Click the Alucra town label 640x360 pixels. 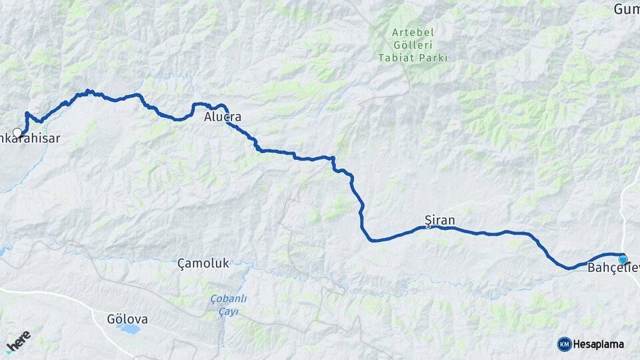[x=223, y=118]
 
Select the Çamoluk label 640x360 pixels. [x=203, y=263]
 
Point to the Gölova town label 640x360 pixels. [x=127, y=319]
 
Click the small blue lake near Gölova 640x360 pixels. [x=131, y=329]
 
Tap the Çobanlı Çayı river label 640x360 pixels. [x=228, y=305]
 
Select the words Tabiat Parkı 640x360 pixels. [x=413, y=58]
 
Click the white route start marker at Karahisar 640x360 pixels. [x=17, y=132]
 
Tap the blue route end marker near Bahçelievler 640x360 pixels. [x=623, y=259]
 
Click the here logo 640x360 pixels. [x=19, y=341]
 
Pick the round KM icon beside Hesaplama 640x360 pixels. [x=564, y=344]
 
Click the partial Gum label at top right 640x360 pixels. [x=626, y=9]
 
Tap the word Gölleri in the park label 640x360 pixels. [x=413, y=45]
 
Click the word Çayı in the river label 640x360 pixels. [x=228, y=312]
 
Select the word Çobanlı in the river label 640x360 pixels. [x=228, y=299]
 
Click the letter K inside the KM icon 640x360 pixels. [x=562, y=344]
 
